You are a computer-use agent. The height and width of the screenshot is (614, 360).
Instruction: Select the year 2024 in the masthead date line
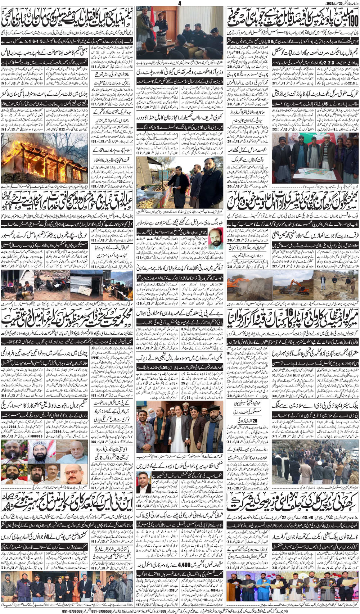(x=330, y=3)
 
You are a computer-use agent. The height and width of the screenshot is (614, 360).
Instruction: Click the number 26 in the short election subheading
(x=255, y=420)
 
